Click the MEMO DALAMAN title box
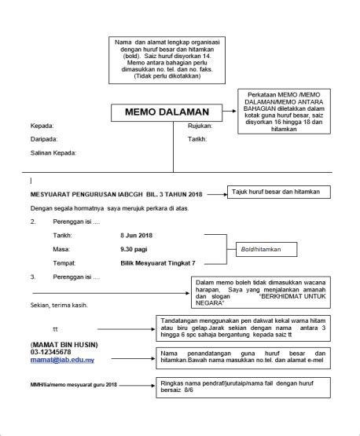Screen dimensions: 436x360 tap(162, 112)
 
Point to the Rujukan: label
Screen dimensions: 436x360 tap(200, 126)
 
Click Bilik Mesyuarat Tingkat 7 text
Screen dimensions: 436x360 tap(158, 263)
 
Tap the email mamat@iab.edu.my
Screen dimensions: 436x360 tap(63, 360)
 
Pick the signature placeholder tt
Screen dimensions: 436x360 tap(55, 328)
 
